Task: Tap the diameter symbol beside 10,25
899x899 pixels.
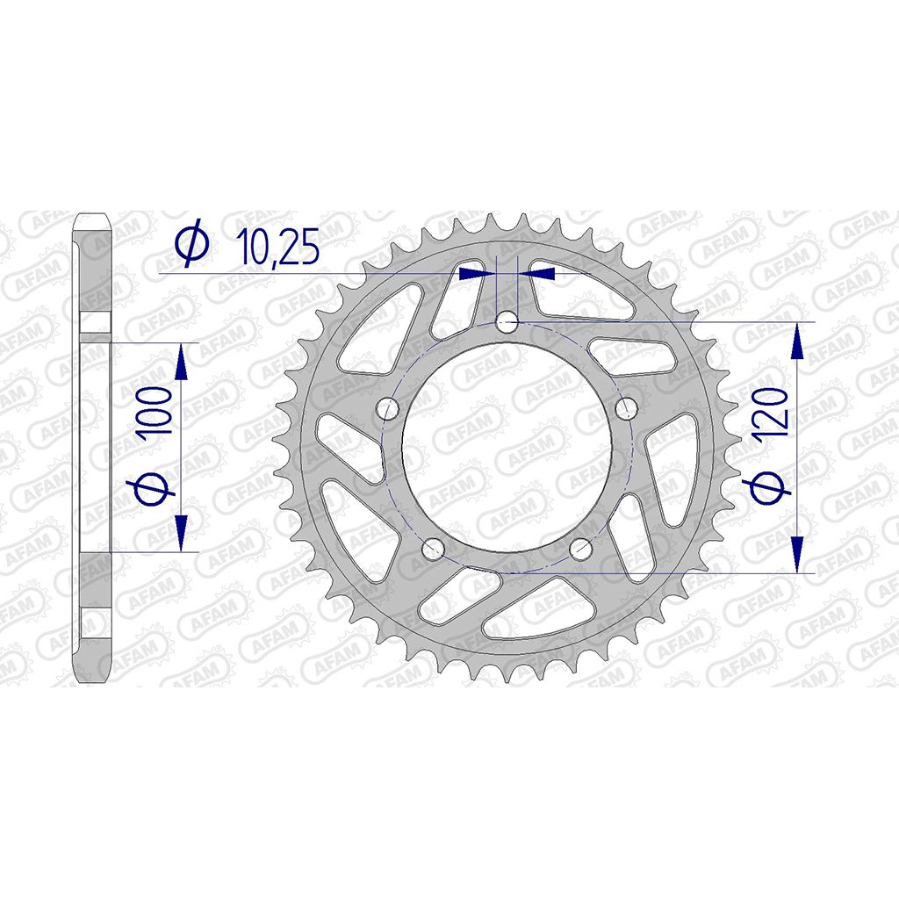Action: click(x=192, y=244)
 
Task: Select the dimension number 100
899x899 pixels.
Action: click(x=157, y=413)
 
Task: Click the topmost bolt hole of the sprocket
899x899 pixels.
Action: click(x=507, y=323)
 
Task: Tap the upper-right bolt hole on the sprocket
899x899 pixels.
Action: click(x=627, y=408)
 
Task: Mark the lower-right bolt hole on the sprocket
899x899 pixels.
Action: click(x=581, y=550)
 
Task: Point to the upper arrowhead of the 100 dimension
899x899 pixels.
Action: click(x=181, y=361)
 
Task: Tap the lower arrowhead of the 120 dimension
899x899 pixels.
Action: click(x=797, y=553)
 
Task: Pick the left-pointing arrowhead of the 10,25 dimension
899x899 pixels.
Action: click(x=537, y=274)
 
